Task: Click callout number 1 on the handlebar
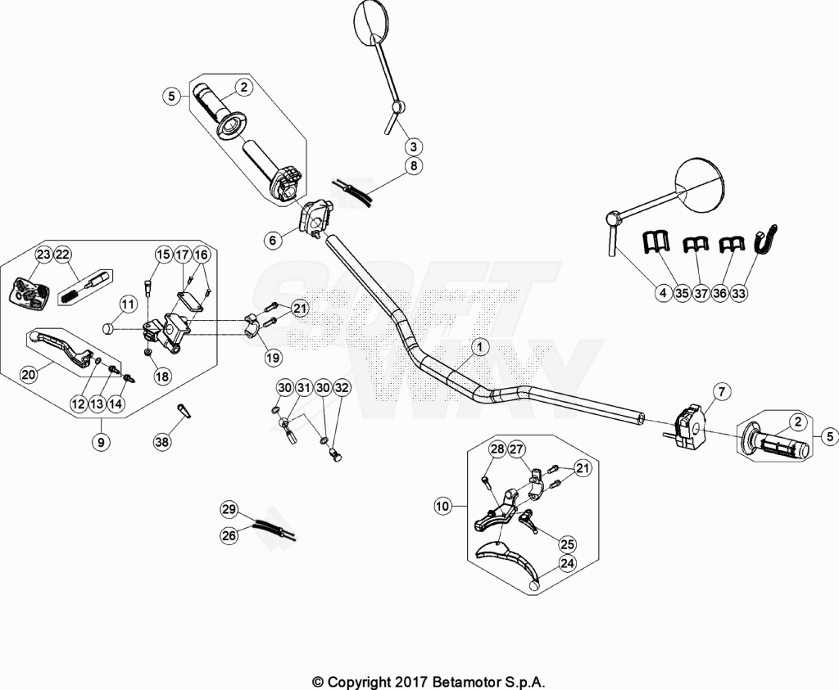coord(480,347)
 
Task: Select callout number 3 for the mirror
coord(413,147)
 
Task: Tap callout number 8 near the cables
coord(413,165)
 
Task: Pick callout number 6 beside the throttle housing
coord(273,241)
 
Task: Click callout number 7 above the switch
coord(721,392)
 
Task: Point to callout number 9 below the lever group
coord(101,442)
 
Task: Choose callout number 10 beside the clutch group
coord(443,506)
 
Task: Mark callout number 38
coord(161,441)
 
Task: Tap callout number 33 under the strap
coord(738,293)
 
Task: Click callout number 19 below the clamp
coord(273,358)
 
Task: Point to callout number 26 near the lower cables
coord(229,535)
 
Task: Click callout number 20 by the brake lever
coord(29,375)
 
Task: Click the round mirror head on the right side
coord(700,183)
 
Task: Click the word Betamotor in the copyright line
coord(461,682)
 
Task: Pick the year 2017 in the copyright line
coord(411,682)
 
